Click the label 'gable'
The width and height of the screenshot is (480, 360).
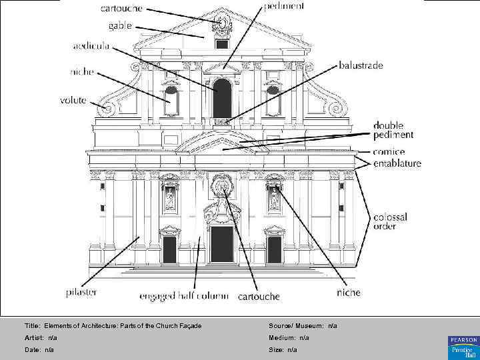120,26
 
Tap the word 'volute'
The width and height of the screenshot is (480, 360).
73,100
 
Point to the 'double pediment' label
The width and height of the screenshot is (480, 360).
393,130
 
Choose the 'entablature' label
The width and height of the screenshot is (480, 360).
397,163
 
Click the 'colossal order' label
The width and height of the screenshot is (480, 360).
390,221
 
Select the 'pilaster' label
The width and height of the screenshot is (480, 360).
82,292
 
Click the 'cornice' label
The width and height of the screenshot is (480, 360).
389,152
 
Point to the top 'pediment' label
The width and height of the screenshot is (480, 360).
285,6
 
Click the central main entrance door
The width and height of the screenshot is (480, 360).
222,244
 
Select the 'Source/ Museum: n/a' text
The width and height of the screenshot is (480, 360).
303,325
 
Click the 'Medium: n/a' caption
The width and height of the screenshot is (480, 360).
289,338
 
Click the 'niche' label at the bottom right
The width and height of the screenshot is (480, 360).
349,292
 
